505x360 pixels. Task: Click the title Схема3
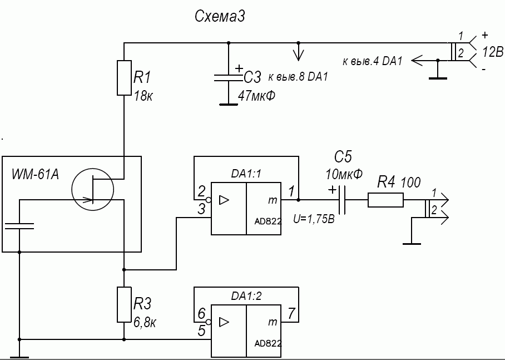tap(220, 17)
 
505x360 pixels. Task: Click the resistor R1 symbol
tap(124, 77)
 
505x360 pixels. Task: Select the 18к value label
tap(143, 96)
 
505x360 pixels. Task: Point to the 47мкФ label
tap(256, 96)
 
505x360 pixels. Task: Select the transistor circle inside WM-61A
tap(92, 192)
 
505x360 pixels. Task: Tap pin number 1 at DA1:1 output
tap(291, 191)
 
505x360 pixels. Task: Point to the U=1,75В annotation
tap(314, 219)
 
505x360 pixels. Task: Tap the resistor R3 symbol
tap(124, 304)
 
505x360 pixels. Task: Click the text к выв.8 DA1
tap(298, 77)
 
